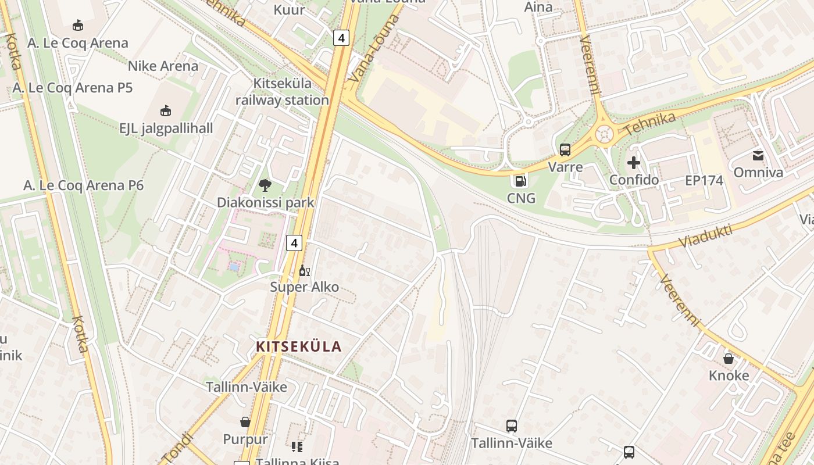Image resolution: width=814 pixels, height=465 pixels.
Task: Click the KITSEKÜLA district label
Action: tap(298, 347)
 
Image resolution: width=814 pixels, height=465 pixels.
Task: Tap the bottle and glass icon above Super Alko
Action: tap(304, 270)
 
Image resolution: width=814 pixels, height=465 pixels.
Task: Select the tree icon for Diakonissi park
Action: tap(265, 185)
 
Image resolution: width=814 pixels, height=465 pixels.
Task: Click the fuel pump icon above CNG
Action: tap(521, 181)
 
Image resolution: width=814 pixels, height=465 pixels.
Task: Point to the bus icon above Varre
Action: tap(565, 150)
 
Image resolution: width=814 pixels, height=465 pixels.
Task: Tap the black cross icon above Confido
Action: tap(634, 163)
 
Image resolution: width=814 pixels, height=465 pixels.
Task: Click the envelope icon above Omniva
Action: tap(758, 155)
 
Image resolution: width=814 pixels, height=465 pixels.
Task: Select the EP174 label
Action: tap(704, 180)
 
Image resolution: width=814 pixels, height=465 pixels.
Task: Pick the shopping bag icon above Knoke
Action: tap(729, 359)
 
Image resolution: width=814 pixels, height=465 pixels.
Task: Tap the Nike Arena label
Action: tap(163, 66)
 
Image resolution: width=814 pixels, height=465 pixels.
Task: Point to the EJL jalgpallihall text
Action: tap(166, 128)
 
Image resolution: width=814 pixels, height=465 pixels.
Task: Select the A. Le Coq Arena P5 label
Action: tap(73, 88)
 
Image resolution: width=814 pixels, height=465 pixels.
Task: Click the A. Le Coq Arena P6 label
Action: tap(83, 185)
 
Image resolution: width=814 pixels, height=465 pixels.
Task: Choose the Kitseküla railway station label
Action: tap(282, 92)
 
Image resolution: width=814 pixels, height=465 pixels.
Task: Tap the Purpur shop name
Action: tap(245, 439)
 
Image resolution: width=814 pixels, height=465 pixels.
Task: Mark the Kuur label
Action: tap(289, 9)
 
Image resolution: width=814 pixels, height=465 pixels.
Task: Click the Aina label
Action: tap(538, 7)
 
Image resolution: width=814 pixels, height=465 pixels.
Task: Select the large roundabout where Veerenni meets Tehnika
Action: tap(604, 134)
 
